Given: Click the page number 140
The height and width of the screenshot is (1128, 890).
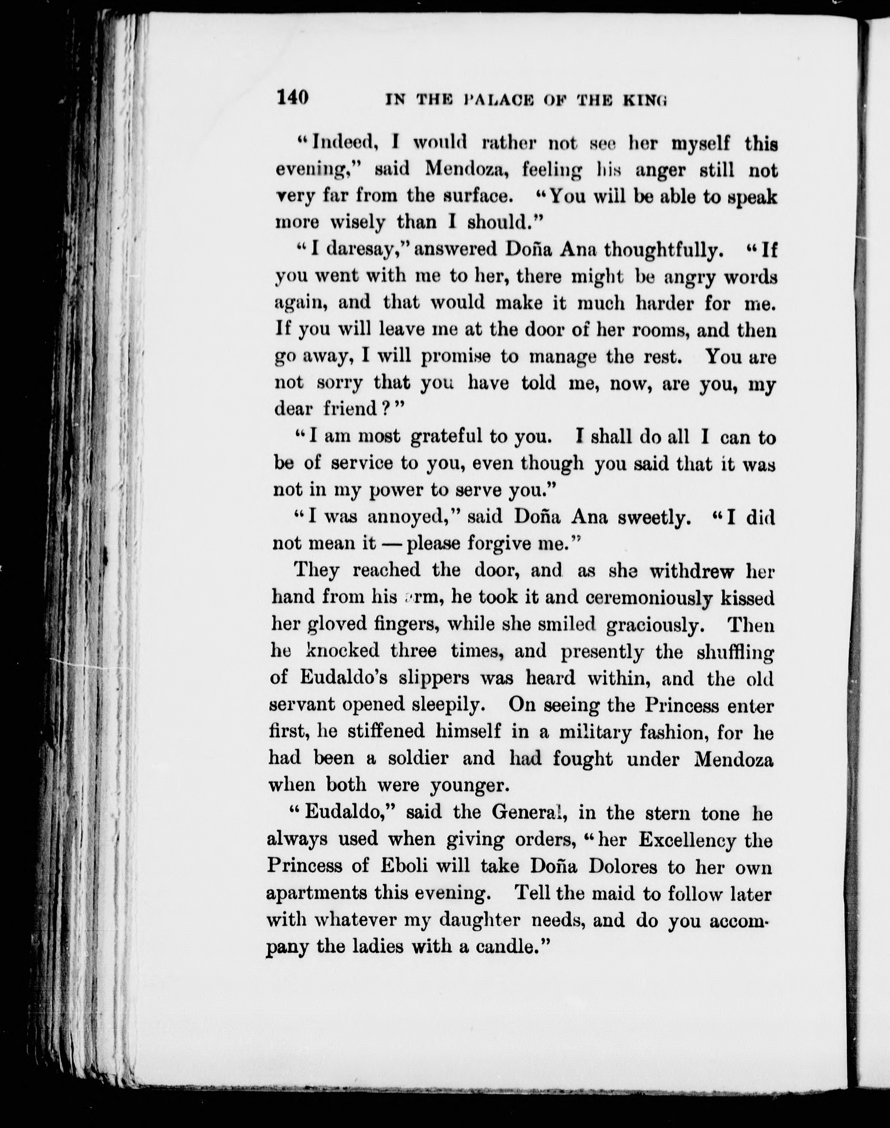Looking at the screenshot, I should [x=293, y=97].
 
